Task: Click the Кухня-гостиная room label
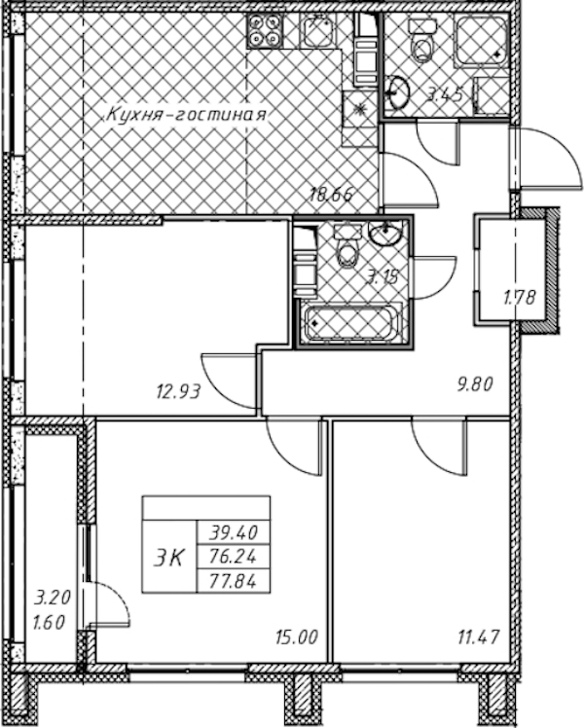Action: pos(187,115)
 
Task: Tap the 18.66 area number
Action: pos(332,194)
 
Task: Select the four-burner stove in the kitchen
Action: pos(265,30)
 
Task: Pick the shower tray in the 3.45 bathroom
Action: pos(481,40)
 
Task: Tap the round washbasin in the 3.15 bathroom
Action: pos(384,233)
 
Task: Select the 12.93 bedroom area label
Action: pos(178,392)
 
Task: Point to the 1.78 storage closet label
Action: pos(520,297)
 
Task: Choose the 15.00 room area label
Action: pos(297,637)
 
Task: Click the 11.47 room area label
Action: pos(478,637)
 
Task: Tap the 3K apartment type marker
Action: pos(169,557)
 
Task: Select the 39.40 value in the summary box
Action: pos(233,532)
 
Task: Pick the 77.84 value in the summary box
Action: pos(233,581)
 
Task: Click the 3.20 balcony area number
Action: pos(53,598)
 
